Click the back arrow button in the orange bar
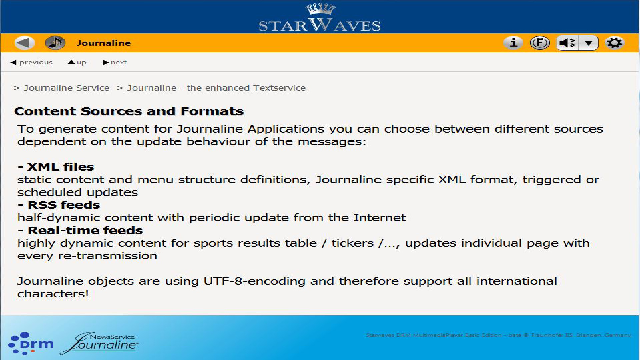(x=24, y=43)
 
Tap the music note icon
(x=55, y=43)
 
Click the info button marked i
(x=513, y=43)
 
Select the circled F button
(x=540, y=43)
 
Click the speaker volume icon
(x=567, y=43)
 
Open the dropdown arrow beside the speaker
(x=589, y=43)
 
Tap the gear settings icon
(x=614, y=43)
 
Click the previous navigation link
(x=32, y=62)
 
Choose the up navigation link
(x=77, y=62)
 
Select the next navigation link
(x=115, y=62)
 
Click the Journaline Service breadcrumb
(x=66, y=88)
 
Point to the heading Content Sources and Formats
(x=129, y=111)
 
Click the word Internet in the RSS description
(x=379, y=218)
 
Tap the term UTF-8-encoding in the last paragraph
(x=254, y=281)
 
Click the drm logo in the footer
(x=31, y=343)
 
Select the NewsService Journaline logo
(x=100, y=343)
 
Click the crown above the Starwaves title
(x=320, y=9)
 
